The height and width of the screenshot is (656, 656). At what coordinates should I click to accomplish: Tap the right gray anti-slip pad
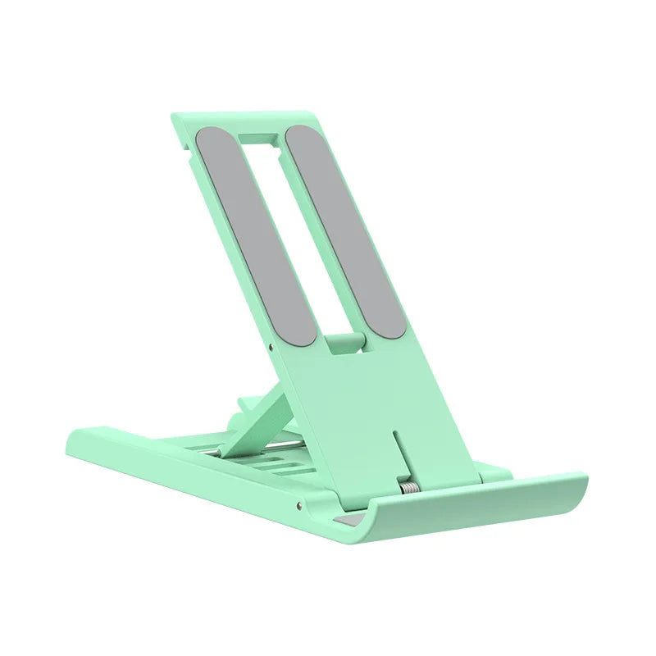[x=345, y=230]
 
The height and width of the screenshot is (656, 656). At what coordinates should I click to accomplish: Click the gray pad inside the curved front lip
[x=348, y=522]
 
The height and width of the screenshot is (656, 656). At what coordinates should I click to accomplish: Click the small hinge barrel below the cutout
[x=342, y=343]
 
